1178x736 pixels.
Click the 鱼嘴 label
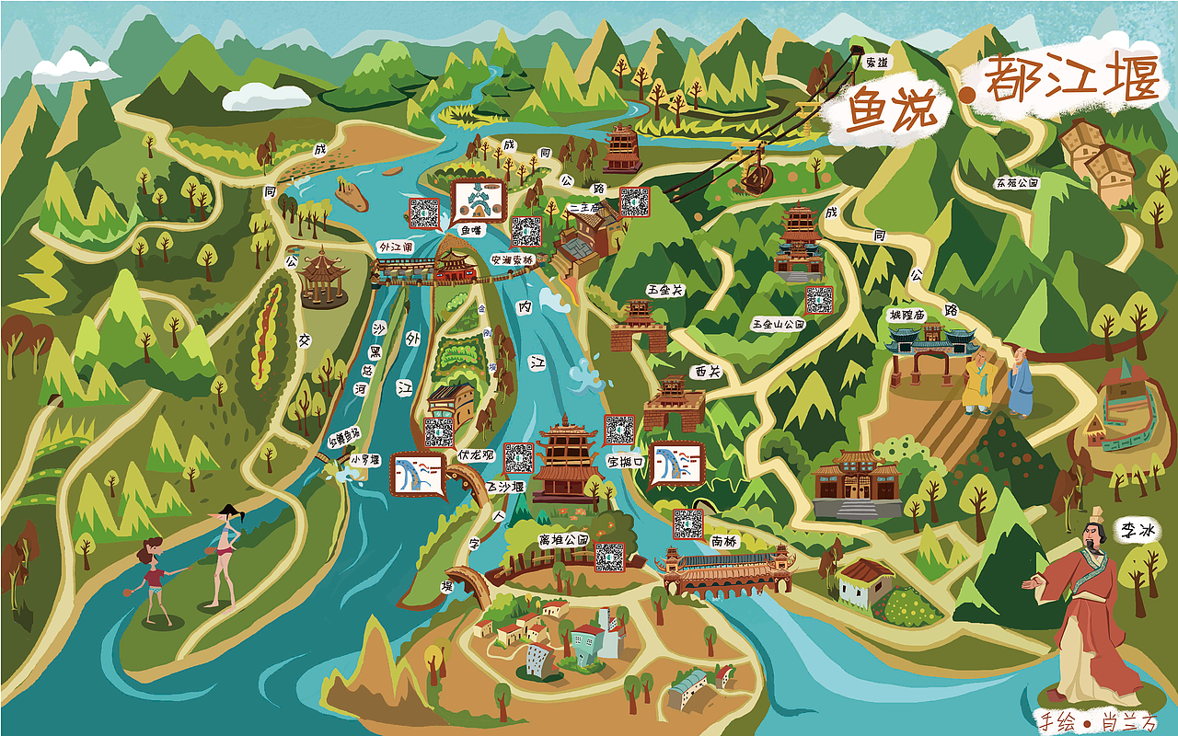pos(471,231)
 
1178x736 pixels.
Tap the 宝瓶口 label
pos(625,461)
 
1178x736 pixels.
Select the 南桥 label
pos(723,542)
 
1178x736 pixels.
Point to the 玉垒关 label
pos(665,290)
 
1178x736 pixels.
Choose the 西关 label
pos(708,373)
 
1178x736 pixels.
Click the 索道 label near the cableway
pos(877,63)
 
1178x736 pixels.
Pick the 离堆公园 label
pos(562,539)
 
